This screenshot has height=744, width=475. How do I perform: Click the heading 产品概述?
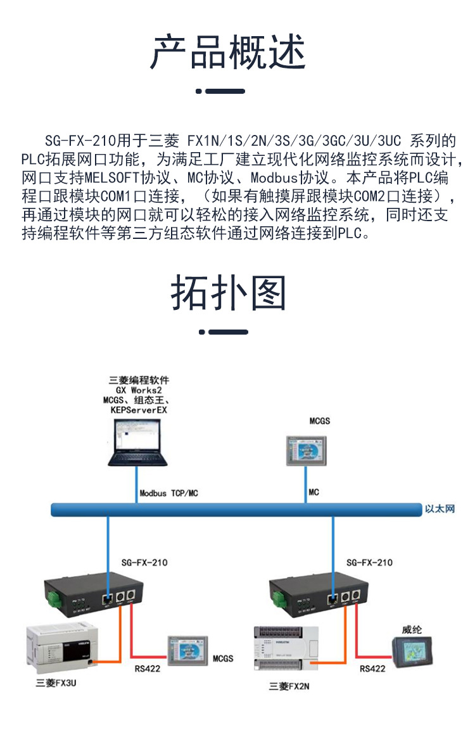click(229, 53)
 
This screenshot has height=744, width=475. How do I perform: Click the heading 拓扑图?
click(229, 293)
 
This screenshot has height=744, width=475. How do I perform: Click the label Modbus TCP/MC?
click(172, 492)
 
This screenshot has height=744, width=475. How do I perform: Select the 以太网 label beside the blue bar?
click(440, 508)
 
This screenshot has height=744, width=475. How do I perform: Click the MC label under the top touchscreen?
click(313, 492)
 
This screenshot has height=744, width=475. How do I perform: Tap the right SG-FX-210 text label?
click(369, 562)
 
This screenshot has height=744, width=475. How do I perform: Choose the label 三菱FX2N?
click(289, 686)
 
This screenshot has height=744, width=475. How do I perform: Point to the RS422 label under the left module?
click(147, 668)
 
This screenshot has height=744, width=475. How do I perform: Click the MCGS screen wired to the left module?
click(187, 651)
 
